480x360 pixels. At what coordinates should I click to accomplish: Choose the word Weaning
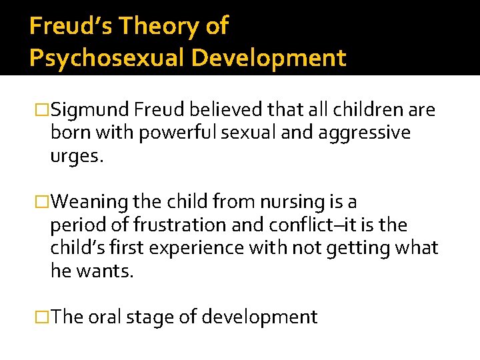pyautogui.click(x=91, y=201)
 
